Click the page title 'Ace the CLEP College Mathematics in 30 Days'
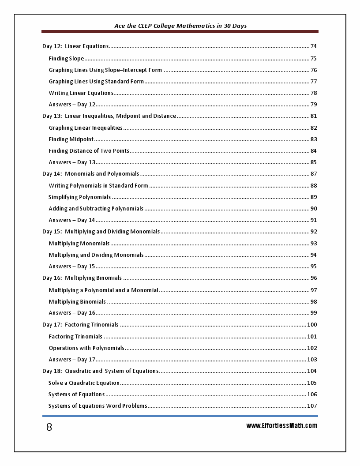[x=180, y=26]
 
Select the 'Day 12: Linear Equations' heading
[x=75, y=46]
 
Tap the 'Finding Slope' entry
[x=66, y=58]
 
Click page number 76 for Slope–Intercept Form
[x=314, y=70]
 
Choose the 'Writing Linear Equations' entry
[x=81, y=93]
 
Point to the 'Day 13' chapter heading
[x=109, y=116]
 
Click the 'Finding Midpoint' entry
[x=71, y=139]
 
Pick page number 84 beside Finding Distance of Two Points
[x=314, y=151]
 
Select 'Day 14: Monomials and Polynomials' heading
[x=90, y=174]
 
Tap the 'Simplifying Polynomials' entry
[x=79, y=197]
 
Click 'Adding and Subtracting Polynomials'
[x=96, y=209]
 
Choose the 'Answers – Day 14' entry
[x=72, y=220]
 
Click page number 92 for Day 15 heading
[x=314, y=232]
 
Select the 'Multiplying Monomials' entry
[x=79, y=244]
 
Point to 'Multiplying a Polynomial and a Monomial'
[x=103, y=290]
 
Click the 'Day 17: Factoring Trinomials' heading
[x=80, y=325]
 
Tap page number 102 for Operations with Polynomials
[x=312, y=348]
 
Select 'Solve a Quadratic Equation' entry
[x=84, y=383]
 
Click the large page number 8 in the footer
[x=49, y=427]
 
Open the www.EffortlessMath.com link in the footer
[x=281, y=426]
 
